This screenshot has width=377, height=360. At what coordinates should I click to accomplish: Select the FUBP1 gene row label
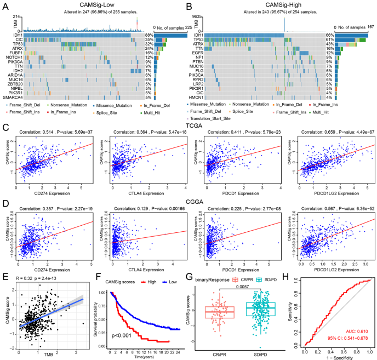click(15, 53)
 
